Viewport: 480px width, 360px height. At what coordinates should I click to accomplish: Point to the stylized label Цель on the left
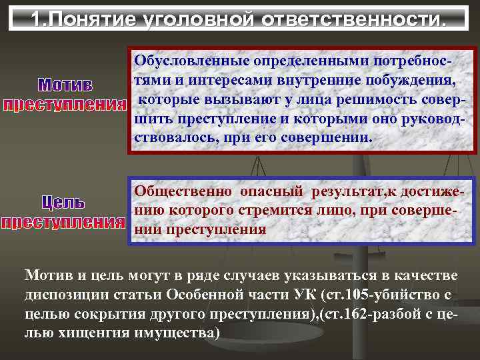(64, 201)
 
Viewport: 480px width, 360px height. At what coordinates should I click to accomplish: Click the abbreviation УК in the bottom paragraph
(303, 294)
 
